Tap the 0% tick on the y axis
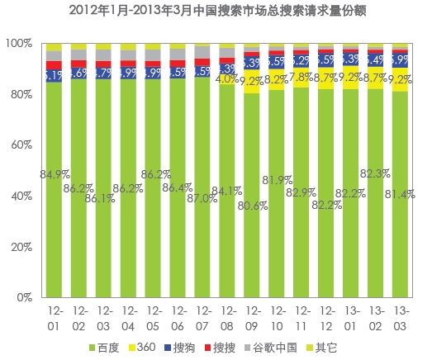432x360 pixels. click(24, 297)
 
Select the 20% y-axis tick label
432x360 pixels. click(21, 247)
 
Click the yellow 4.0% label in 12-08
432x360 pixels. click(227, 80)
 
